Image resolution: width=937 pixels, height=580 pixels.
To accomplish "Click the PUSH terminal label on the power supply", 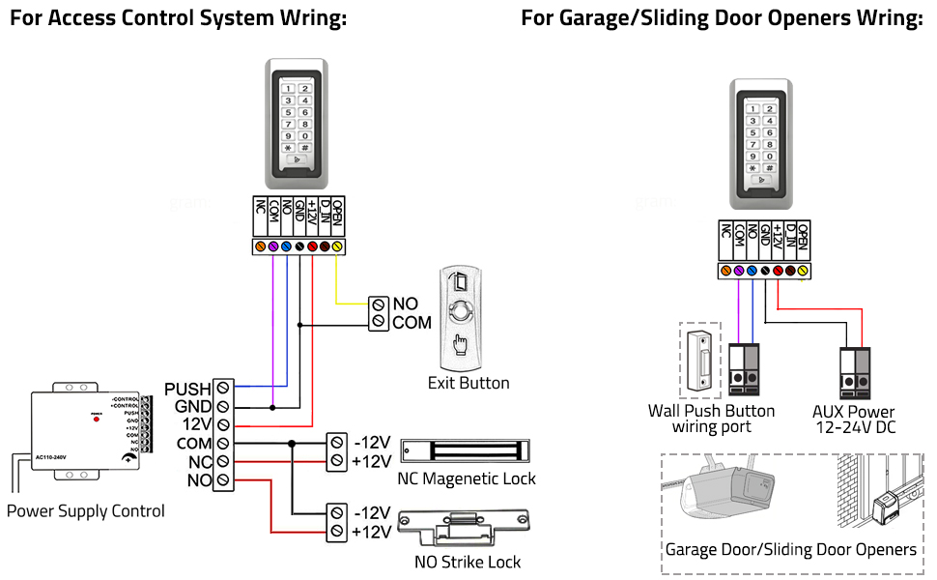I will (187, 390).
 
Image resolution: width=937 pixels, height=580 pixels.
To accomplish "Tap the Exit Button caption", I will (468, 383).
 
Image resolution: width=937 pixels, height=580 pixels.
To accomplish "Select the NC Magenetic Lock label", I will (467, 478).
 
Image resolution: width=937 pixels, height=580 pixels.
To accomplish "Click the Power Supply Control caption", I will (86, 511).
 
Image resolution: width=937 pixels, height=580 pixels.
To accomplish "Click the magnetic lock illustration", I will (465, 450).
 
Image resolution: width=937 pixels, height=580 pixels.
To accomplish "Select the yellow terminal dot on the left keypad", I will (337, 247).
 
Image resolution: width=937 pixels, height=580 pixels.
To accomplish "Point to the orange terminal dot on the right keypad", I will (725, 272).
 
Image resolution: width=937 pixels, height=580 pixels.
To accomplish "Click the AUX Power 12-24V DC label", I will (854, 419).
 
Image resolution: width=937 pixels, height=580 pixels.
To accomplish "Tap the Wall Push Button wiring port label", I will (711, 419).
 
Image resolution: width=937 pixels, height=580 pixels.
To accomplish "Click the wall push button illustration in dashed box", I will (699, 360).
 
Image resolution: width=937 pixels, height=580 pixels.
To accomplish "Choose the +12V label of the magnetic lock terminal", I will (372, 461).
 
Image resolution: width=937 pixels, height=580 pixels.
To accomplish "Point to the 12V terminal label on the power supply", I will (197, 425).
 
